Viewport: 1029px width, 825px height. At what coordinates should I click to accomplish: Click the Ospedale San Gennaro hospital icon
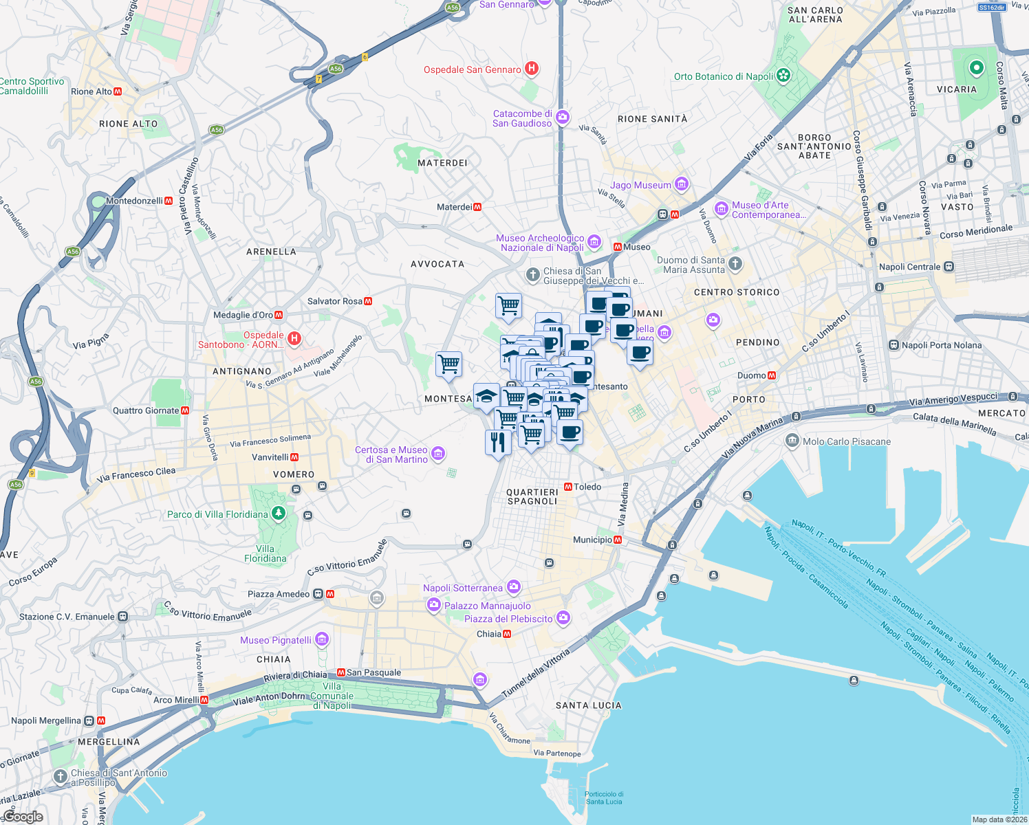tap(531, 69)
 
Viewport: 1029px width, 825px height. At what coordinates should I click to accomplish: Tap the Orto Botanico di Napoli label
tap(724, 76)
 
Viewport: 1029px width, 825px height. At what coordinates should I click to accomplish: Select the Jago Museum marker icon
tap(681, 184)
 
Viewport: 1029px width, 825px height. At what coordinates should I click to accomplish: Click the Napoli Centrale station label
tap(909, 267)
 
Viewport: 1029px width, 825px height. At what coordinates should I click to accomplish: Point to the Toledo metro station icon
tap(568, 487)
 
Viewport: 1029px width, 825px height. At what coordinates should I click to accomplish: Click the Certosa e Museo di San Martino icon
tap(438, 454)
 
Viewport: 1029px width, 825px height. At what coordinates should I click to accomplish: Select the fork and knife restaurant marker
tap(497, 442)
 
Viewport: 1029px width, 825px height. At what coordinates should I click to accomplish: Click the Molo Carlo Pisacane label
tap(846, 441)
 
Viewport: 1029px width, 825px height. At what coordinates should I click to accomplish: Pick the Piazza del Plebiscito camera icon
tap(563, 617)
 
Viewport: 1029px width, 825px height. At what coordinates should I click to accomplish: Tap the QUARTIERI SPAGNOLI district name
tap(532, 496)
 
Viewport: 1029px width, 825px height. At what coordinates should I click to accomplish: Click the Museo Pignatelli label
tap(276, 640)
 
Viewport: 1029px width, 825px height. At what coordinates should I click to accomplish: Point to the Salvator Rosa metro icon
tap(368, 301)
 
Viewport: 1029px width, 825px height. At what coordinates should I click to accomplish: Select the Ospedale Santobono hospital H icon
tap(294, 338)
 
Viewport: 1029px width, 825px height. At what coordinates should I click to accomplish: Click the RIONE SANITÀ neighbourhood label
tap(652, 119)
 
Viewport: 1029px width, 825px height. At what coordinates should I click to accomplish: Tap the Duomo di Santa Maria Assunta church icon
tap(735, 263)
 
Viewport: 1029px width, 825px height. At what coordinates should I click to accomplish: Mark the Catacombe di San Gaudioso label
tap(522, 118)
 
